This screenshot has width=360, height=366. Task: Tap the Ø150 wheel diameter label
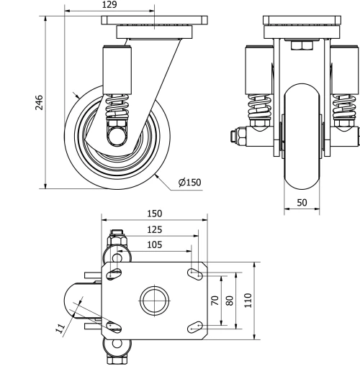(x=189, y=183)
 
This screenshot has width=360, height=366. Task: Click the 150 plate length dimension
(x=154, y=214)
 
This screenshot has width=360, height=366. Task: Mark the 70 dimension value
(x=214, y=300)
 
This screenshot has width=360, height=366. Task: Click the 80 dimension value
(x=230, y=300)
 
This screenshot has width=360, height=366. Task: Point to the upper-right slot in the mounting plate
(x=195, y=273)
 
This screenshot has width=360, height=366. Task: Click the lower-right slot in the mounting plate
(x=195, y=327)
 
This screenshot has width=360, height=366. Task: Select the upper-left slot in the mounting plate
(x=113, y=273)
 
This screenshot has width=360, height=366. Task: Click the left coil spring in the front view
(x=258, y=109)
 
